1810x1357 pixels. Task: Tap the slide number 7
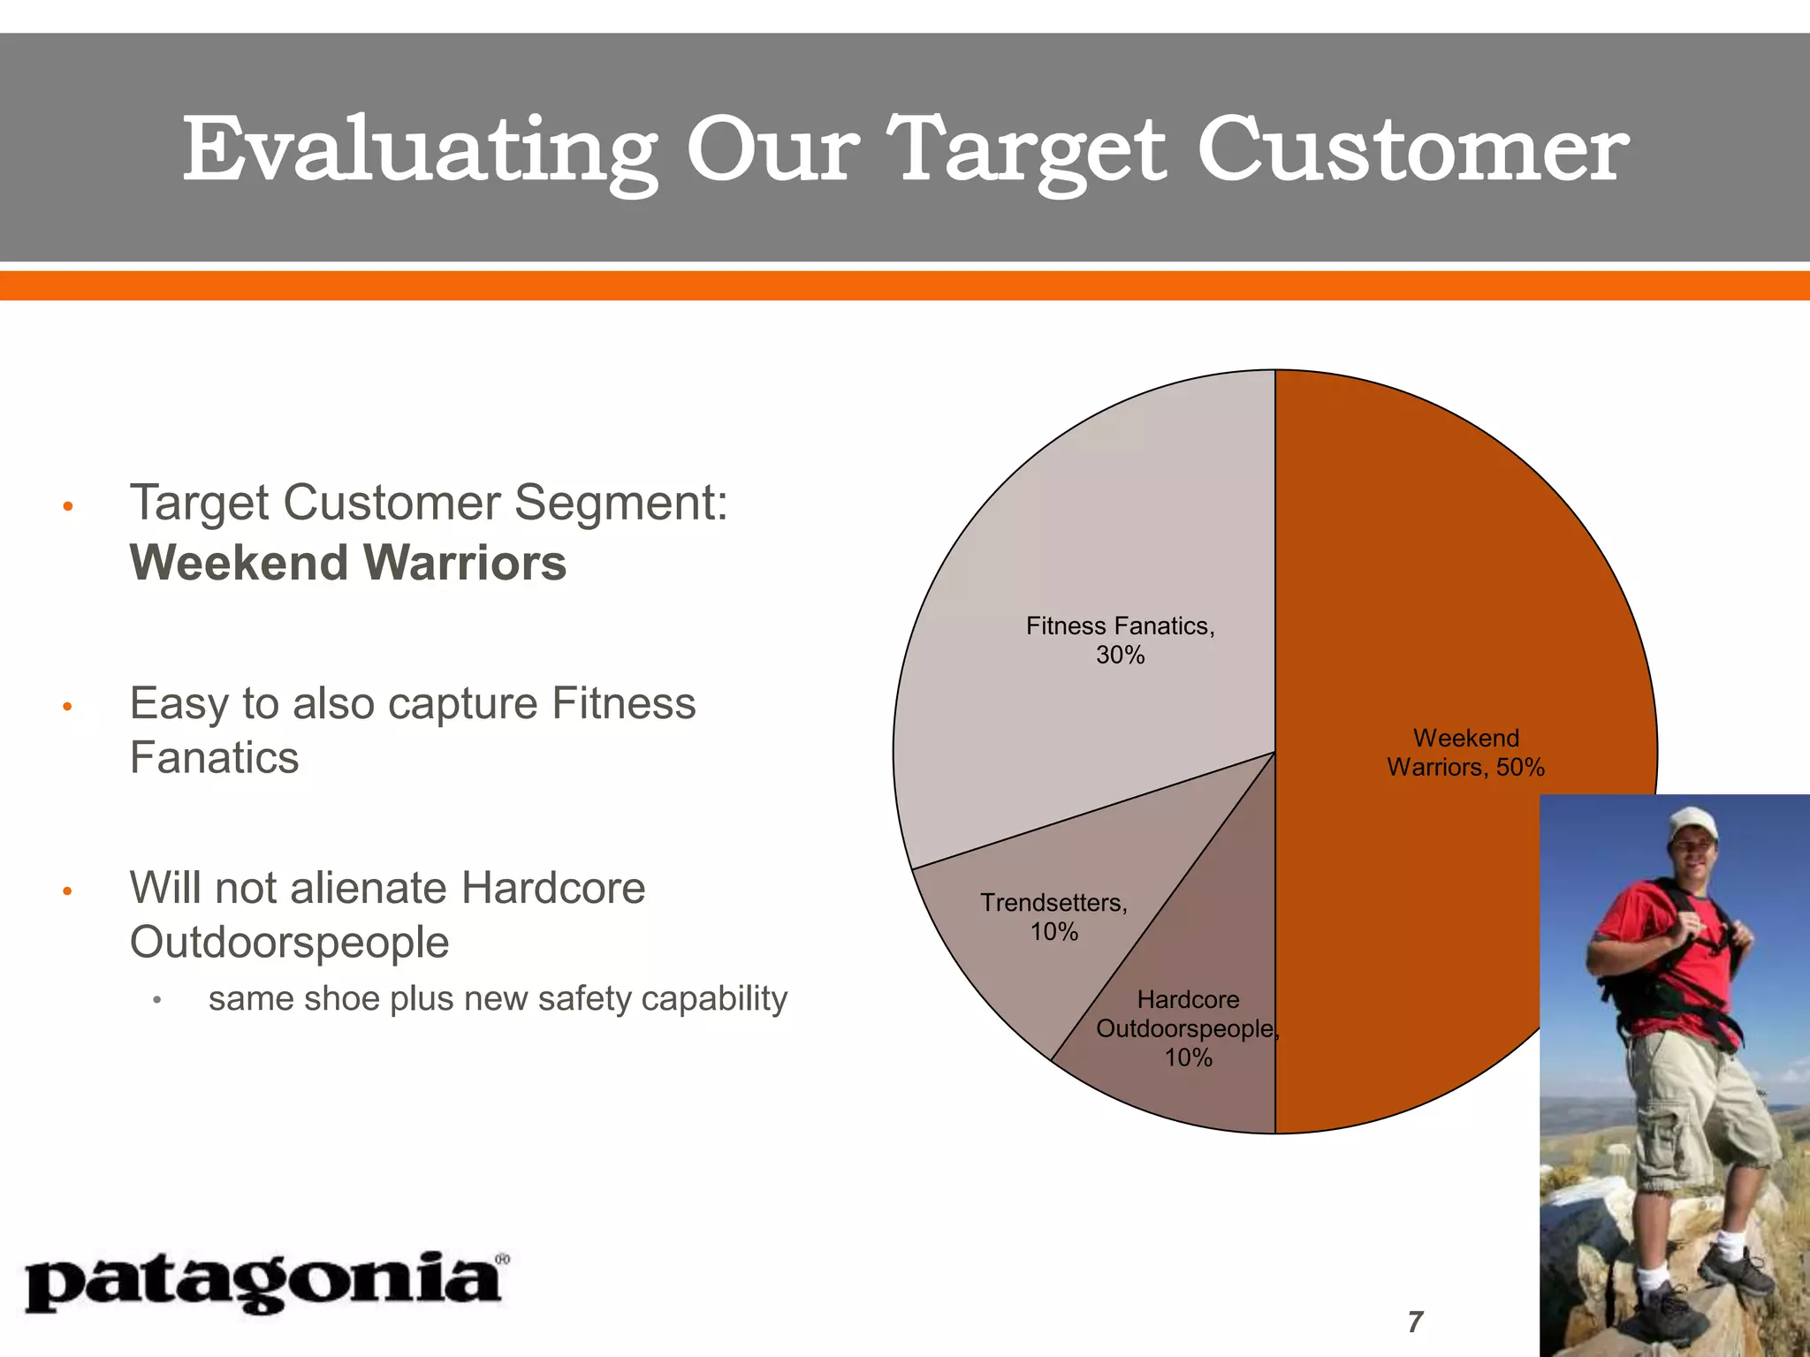[1415, 1323]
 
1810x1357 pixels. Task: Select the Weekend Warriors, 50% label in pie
[1465, 753]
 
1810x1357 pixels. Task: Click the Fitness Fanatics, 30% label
[1120, 641]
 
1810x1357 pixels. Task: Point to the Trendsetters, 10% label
[1053, 917]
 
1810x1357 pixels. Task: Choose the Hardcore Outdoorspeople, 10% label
[1188, 1028]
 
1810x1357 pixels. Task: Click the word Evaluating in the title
[420, 150]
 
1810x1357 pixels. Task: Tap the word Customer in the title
[1411, 150]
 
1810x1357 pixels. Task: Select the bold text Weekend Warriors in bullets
[348, 563]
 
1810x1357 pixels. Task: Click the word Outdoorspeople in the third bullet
[289, 942]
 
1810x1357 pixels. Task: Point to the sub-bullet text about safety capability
[497, 999]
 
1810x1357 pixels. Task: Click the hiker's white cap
[1692, 823]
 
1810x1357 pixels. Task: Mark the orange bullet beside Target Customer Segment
[67, 506]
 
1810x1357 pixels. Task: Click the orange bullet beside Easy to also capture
[67, 707]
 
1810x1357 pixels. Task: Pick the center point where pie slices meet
[1274, 752]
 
